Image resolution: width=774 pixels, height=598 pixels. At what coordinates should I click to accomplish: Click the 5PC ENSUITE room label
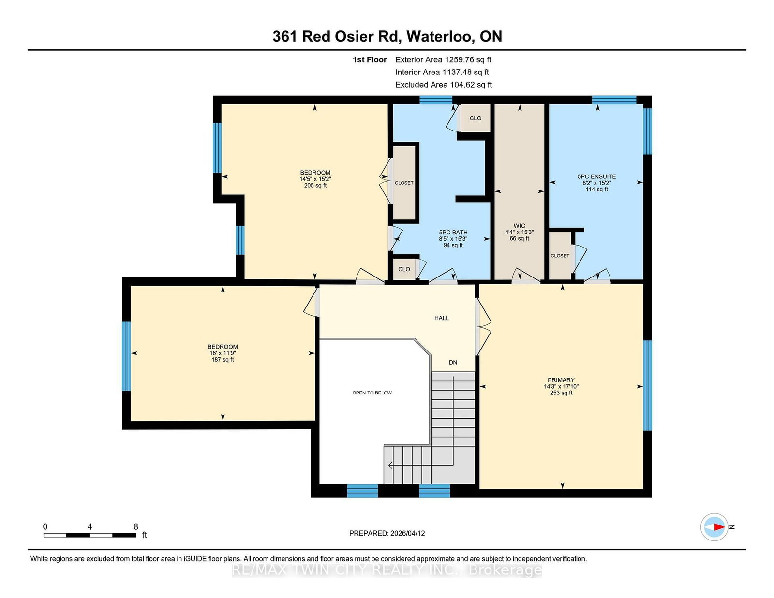coord(596,176)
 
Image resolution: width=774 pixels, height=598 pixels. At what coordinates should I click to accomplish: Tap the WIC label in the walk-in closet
coord(519,226)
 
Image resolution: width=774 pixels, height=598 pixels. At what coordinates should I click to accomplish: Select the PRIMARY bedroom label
coord(561,380)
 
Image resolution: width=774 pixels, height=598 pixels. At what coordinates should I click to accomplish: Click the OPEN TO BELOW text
coord(372,393)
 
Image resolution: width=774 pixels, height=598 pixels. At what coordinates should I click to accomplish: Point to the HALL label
coord(441,318)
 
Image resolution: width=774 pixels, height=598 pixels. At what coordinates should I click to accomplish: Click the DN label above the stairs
coord(453,362)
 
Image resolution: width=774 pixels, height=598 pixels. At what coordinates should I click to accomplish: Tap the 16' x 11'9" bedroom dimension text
coord(223,353)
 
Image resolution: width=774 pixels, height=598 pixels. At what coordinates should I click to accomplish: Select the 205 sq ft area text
coord(315,185)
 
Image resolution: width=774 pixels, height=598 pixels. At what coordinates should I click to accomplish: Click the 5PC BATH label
coord(453,233)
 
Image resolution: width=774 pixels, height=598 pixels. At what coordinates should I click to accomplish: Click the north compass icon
coord(714,527)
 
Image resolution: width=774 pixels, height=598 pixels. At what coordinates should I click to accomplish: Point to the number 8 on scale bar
coord(136,527)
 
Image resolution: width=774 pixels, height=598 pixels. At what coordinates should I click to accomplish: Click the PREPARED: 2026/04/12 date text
coord(387,533)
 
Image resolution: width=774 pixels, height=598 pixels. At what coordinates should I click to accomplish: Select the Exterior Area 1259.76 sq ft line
coord(443,60)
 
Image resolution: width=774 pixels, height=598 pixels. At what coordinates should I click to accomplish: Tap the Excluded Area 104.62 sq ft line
coord(444,85)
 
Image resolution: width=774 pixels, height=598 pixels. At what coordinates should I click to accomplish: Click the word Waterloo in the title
coord(440,36)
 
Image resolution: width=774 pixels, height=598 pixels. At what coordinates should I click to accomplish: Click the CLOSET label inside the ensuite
coord(560,256)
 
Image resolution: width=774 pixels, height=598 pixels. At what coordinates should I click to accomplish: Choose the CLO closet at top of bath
coord(475,118)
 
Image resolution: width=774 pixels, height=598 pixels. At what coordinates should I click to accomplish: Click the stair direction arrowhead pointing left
coord(390,466)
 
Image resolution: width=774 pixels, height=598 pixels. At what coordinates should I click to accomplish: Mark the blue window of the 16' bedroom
coord(126,356)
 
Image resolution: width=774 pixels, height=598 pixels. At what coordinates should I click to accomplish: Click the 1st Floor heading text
coord(370,60)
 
